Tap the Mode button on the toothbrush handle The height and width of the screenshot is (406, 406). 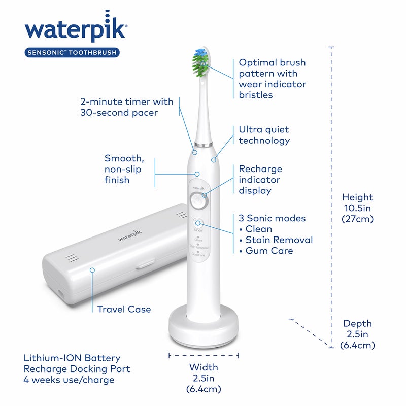198,223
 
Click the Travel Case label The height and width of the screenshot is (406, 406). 124,309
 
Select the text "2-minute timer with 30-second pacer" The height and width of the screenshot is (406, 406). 126,107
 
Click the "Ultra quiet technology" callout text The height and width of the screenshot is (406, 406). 264,135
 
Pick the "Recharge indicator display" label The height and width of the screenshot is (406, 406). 260,180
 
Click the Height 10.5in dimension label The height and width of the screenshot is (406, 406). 357,208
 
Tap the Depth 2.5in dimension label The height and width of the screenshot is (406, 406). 357,334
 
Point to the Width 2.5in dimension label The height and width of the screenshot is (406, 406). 204,378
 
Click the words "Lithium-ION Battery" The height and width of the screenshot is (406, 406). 72,358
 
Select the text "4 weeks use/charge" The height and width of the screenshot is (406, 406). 69,380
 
